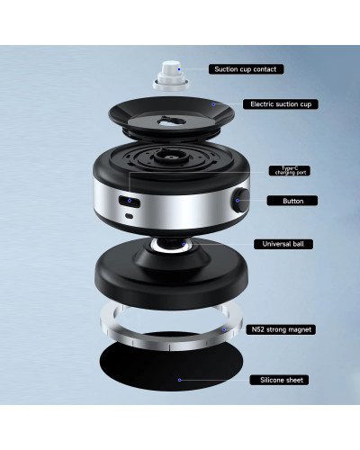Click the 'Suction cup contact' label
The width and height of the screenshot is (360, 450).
tap(246, 68)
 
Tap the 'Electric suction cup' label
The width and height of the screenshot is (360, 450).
tap(279, 104)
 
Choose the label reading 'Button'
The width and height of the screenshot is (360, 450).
tap(292, 201)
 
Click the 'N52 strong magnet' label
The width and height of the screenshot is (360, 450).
tap(282, 329)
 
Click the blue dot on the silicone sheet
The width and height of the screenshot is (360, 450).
tap(180, 380)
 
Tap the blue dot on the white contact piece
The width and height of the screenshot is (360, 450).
tap(178, 68)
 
